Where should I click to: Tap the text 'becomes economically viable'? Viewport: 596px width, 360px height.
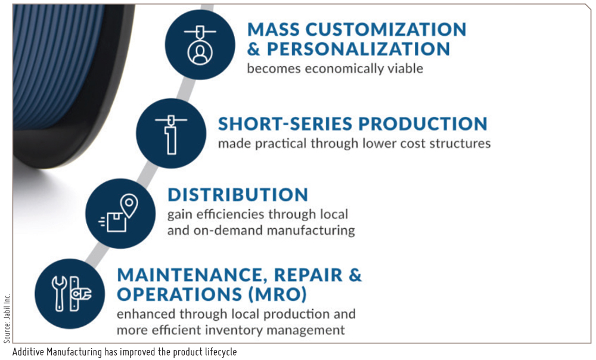click(x=335, y=69)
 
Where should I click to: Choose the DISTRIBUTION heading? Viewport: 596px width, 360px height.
click(x=237, y=194)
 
